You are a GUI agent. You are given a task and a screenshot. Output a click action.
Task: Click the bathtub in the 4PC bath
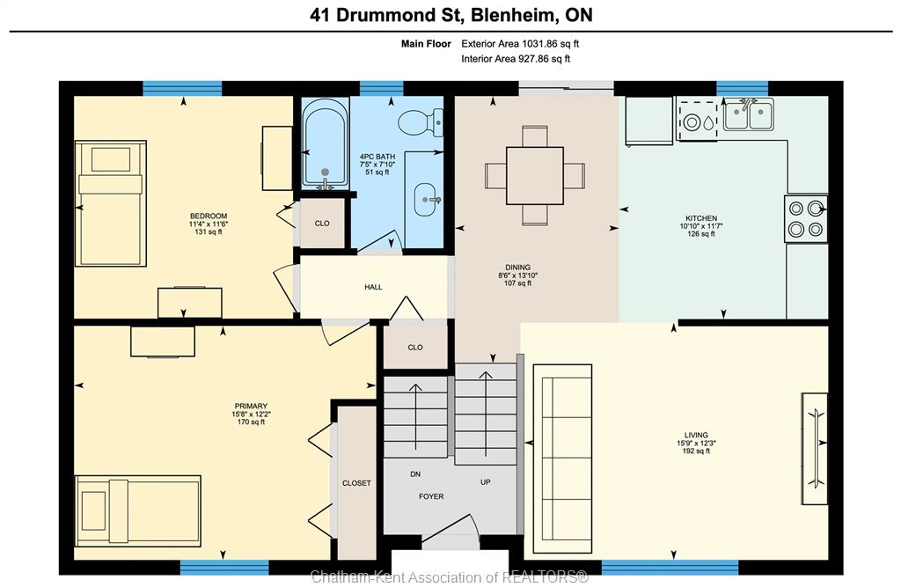point(326,143)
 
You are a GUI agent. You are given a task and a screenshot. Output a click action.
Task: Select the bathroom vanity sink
point(426,200)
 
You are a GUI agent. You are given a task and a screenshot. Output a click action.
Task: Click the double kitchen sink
point(749,114)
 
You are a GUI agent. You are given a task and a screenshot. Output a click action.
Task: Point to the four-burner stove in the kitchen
point(806,218)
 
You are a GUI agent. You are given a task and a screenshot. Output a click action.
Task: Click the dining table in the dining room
point(534,175)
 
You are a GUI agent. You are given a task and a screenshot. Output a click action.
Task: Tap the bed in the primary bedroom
point(138,510)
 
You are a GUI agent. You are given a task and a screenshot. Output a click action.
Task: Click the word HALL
point(373,287)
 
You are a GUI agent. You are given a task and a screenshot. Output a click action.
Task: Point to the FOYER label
point(431,496)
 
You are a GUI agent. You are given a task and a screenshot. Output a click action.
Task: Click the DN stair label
point(415,474)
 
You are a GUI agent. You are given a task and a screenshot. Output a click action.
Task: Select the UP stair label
point(486,481)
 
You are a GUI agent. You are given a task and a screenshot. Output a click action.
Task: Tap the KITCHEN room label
point(701,218)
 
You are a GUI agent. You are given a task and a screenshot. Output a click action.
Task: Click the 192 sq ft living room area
point(696,451)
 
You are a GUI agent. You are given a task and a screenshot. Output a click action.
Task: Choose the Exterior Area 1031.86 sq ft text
point(520,44)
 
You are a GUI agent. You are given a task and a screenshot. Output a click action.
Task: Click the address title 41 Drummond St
point(386,15)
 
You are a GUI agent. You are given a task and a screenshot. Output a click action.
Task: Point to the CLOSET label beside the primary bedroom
point(356,483)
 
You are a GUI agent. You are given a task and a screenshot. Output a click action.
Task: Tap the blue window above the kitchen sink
point(742,89)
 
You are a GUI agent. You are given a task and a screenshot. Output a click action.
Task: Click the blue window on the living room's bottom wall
point(670,568)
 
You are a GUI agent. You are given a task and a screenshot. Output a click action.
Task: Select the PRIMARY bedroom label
point(251,406)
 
